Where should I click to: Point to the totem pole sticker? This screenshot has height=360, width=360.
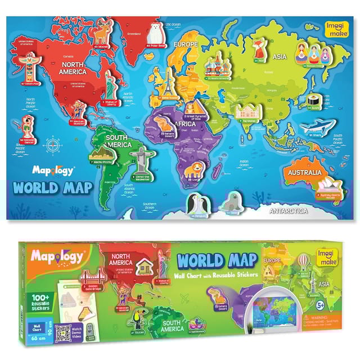pyautogui.click(x=24, y=70)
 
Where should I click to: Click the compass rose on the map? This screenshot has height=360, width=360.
pyautogui.click(x=52, y=145)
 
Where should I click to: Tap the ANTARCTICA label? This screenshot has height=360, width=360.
pyautogui.click(x=288, y=211)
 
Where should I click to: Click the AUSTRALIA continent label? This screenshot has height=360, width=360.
pyautogui.click(x=303, y=173)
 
